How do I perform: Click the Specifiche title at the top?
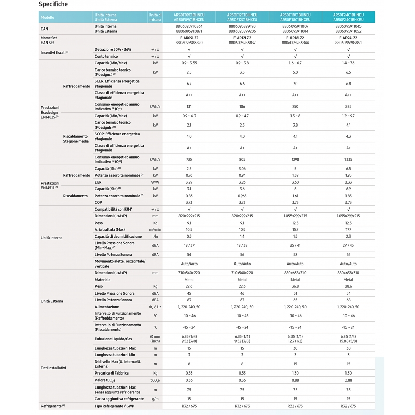click(53, 4)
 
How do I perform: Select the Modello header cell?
click(48, 17)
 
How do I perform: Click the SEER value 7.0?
click(295, 84)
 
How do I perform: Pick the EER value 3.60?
click(295, 182)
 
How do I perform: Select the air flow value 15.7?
click(295, 229)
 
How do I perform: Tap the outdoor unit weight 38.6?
click(348, 286)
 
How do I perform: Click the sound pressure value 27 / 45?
click(348, 245)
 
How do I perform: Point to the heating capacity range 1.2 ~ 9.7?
click(348, 115)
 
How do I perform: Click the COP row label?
click(98, 202)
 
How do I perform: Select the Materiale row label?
click(103, 279)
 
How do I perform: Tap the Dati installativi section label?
click(54, 368)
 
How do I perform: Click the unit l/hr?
click(155, 236)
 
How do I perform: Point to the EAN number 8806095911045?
click(348, 26)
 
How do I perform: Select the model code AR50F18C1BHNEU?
click(295, 15)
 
